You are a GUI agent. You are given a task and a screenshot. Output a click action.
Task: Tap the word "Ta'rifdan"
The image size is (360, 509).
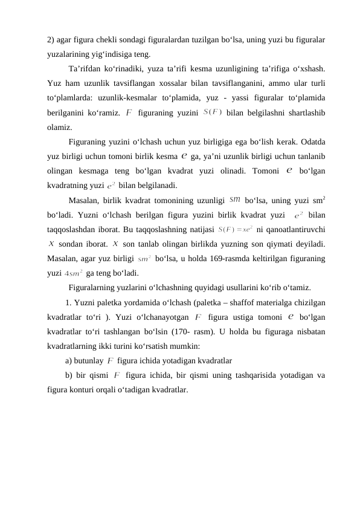[x=85, y=68]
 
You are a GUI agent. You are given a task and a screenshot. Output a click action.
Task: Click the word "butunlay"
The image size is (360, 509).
[x=89, y=361]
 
